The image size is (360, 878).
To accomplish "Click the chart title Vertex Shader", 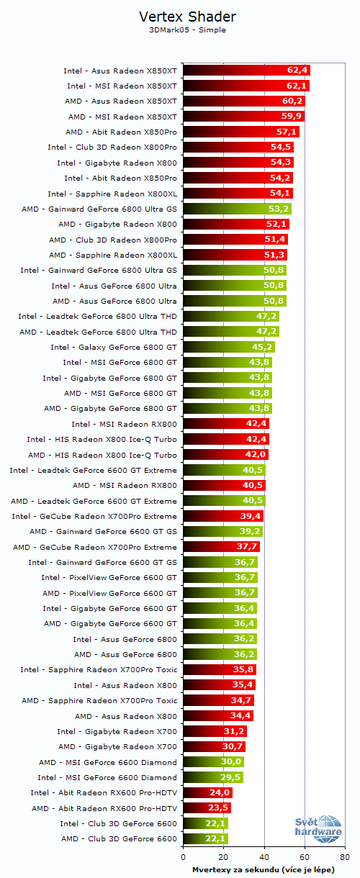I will [186, 17].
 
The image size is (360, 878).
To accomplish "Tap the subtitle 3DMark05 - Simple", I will [186, 30].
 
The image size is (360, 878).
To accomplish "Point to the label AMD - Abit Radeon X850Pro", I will [121, 132].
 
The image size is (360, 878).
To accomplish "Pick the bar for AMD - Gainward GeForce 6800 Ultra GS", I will [237, 209].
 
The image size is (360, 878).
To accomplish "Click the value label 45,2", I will [262, 347].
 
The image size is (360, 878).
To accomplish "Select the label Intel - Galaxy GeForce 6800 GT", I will [114, 347].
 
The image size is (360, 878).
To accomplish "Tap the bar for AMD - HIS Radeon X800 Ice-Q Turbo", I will [225, 454].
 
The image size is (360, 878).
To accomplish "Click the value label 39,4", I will [251, 516].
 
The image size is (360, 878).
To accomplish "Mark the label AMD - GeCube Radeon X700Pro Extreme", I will [95, 547].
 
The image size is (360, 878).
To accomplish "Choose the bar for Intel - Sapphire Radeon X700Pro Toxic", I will [219, 669].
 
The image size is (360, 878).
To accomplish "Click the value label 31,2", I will [234, 731].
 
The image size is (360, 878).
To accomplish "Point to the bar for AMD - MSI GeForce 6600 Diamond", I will [213, 762].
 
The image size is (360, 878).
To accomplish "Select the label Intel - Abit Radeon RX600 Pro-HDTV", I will [104, 792].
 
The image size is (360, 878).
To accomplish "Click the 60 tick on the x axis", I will [305, 856].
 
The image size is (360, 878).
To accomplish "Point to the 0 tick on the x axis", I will [183, 856].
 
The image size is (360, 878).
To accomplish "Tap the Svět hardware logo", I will [318, 831].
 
